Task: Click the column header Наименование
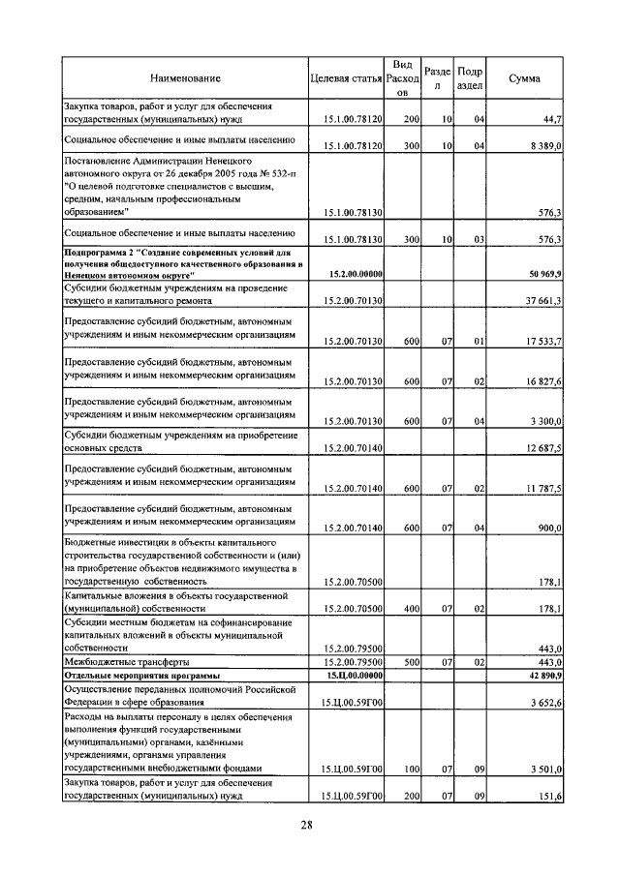pos(184,77)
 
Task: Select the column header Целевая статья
pos(346,77)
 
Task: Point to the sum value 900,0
pos(549,528)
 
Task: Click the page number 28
pos(305,825)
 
